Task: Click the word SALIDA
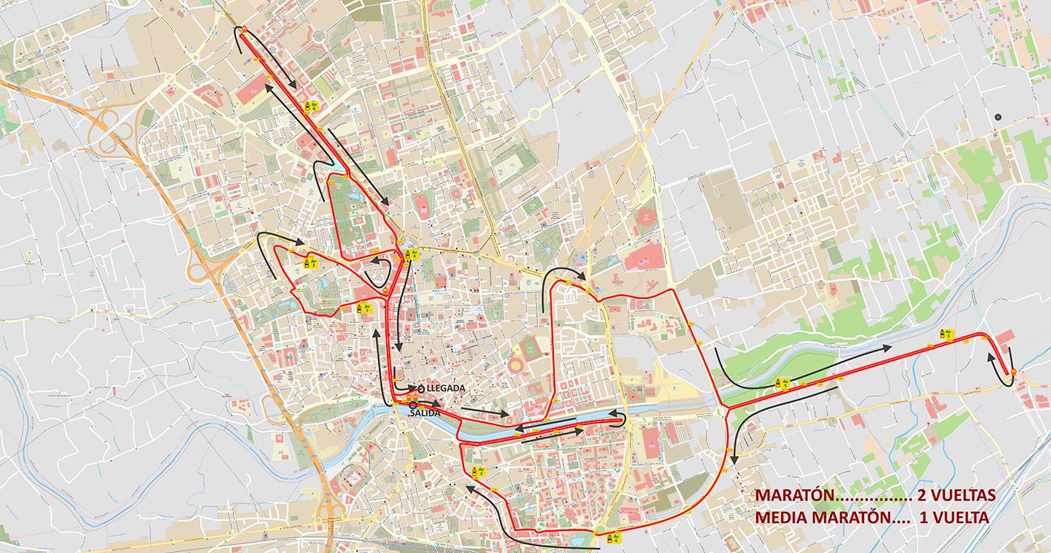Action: coord(426,413)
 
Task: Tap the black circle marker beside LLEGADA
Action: coord(421,388)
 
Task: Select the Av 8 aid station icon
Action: coord(309,107)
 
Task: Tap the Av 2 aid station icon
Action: coord(475,471)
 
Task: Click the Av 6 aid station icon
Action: coord(617,539)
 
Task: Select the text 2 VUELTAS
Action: coord(956,495)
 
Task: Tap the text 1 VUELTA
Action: coord(953,517)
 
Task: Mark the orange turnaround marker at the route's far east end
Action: coord(1014,373)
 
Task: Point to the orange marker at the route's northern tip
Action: coord(245,30)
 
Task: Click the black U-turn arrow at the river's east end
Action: coord(620,417)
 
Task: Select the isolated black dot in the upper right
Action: coord(998,117)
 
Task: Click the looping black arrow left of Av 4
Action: coord(378,271)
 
